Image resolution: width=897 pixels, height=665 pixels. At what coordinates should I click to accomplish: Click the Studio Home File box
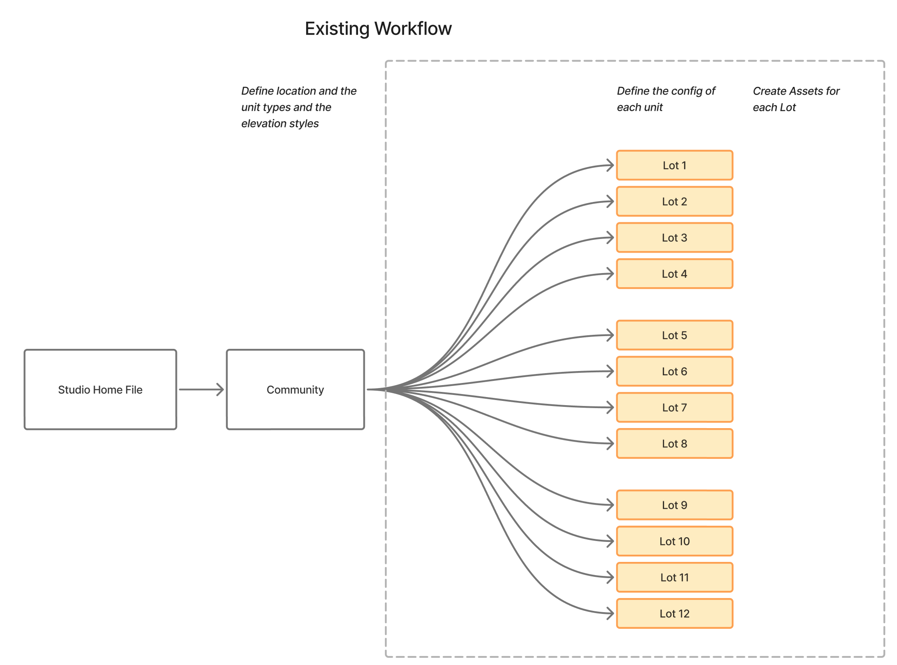[x=100, y=389]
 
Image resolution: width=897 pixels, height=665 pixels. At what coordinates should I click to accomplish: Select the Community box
[x=295, y=389]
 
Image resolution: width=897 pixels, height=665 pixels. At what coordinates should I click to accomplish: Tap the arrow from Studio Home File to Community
[x=201, y=389]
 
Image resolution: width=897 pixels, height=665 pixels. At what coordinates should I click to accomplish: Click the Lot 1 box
[x=674, y=165]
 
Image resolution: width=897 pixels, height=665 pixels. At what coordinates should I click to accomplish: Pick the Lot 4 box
[x=674, y=274]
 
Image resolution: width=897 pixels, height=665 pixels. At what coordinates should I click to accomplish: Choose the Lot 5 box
[x=674, y=335]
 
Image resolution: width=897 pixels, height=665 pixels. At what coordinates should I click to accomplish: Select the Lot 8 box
[x=674, y=443]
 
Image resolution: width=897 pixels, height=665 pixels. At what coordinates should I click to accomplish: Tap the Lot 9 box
[x=674, y=505]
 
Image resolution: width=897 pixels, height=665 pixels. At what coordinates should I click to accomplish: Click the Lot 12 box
[x=674, y=613]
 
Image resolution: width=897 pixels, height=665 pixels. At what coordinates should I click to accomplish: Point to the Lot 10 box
[x=674, y=541]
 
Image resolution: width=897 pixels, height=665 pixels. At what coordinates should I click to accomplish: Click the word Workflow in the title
[x=413, y=29]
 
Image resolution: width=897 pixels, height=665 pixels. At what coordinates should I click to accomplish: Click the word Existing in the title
[x=337, y=29]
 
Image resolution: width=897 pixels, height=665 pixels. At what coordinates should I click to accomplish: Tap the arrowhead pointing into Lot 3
[x=610, y=238]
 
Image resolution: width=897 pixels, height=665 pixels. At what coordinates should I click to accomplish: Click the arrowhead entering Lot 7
[x=610, y=408]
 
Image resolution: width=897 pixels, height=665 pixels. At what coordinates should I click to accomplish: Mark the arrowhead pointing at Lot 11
[x=610, y=577]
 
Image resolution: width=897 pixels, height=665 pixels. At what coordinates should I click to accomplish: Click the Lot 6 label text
[x=674, y=371]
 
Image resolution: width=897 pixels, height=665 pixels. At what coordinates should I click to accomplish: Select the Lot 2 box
[x=674, y=202]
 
